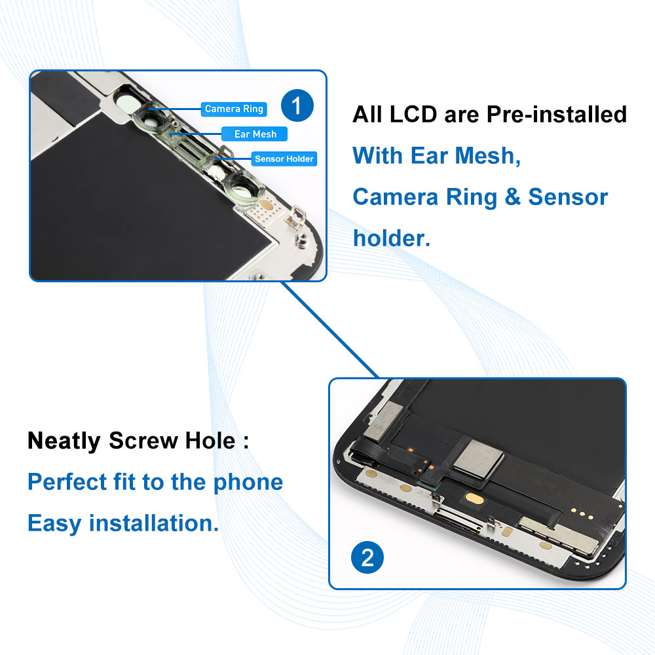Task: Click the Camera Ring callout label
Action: pyautogui.click(x=234, y=109)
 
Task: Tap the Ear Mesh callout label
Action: pyautogui.click(x=255, y=134)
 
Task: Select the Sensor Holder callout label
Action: pyautogui.click(x=284, y=159)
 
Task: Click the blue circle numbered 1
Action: pyautogui.click(x=297, y=105)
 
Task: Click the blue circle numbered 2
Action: pyautogui.click(x=367, y=557)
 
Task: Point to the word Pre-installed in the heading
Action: pyautogui.click(x=556, y=115)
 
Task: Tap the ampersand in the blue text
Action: pyautogui.click(x=512, y=197)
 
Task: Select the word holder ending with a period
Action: pyautogui.click(x=391, y=238)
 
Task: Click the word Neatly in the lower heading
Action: pyautogui.click(x=64, y=441)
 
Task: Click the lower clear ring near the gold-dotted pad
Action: pyautogui.click(x=242, y=185)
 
